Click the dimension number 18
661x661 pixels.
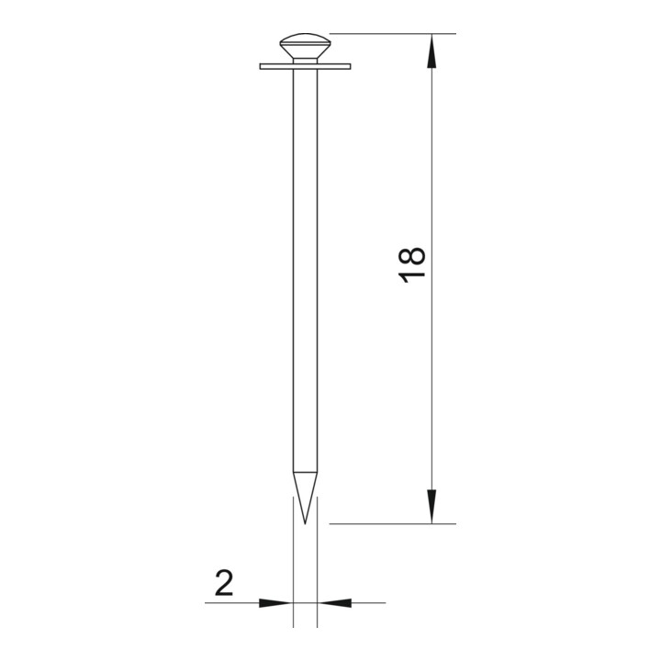[x=412, y=264]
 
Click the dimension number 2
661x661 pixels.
[x=224, y=583]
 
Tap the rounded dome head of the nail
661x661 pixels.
[x=305, y=46]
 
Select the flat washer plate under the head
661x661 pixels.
[x=305, y=67]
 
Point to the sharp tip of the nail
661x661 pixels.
[x=305, y=524]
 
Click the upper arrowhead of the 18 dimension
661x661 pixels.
[x=431, y=50]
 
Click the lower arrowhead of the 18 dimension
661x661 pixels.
[x=431, y=507]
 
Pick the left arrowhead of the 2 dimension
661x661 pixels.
[x=275, y=603]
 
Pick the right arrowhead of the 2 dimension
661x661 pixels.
[x=334, y=603]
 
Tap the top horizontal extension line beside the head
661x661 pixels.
[x=393, y=33]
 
